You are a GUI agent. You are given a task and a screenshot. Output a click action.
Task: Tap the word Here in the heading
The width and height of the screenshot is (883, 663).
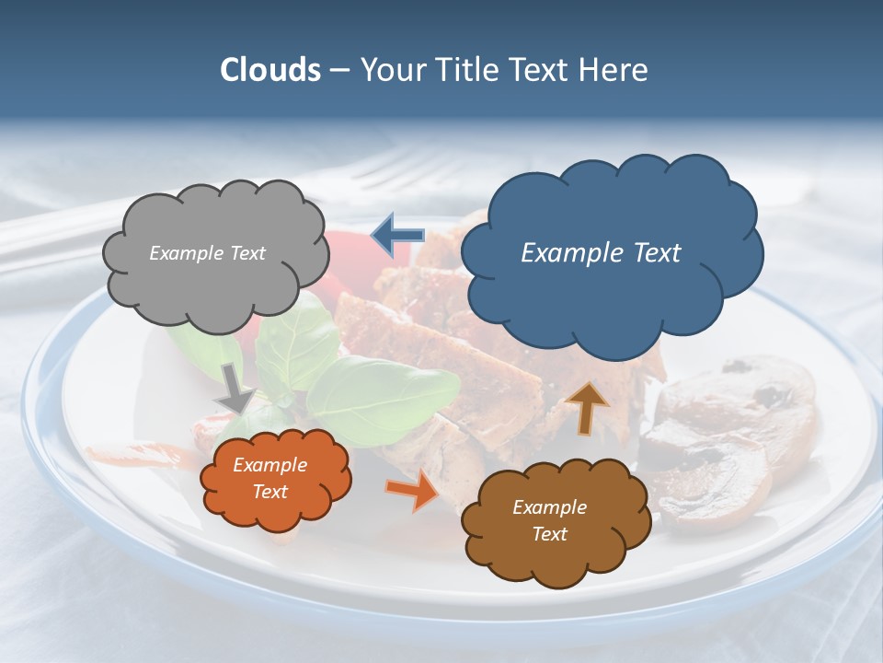point(615,70)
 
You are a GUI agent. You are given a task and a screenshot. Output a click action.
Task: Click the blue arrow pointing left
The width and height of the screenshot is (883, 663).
point(397,236)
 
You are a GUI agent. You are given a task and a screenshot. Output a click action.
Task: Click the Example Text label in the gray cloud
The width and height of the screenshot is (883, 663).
point(207,253)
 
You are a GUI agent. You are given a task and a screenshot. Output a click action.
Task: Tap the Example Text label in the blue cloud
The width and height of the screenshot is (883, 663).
point(601,253)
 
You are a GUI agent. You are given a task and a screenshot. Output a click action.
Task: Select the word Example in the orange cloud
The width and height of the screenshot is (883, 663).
point(269,465)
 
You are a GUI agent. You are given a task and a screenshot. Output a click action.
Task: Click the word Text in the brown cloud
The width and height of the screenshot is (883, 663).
point(549,534)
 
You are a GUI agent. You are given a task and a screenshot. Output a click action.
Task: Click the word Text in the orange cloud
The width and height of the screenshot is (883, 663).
point(269,492)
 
